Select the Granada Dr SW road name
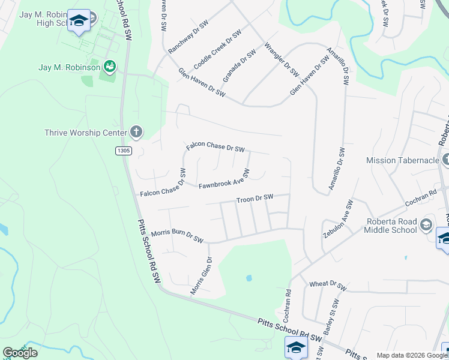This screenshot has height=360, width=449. [x=240, y=65]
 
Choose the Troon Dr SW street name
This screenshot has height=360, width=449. [x=255, y=199]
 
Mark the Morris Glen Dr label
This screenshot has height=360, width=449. [x=202, y=275]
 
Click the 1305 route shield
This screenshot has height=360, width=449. [x=123, y=151]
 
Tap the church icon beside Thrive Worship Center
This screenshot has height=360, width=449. [x=136, y=132]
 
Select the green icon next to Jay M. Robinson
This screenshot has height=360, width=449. [x=110, y=65]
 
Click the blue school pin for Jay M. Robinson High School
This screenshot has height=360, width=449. [x=79, y=22]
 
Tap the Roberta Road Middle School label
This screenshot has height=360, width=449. [x=391, y=225]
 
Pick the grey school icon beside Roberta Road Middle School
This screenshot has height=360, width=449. [x=426, y=225]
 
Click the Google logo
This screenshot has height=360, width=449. [x=20, y=352]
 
